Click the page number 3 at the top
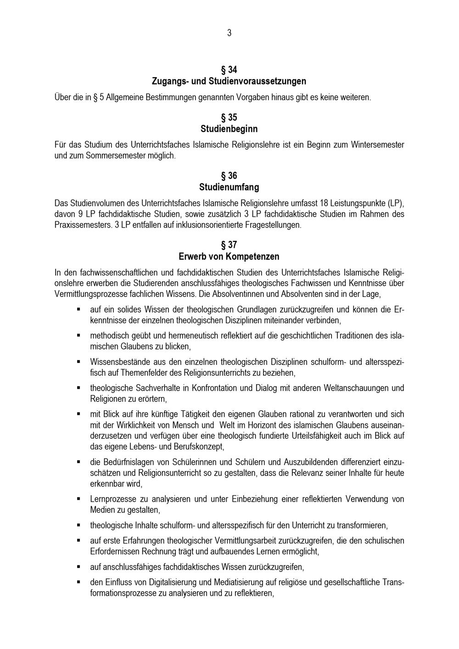coord(229,33)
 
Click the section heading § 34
coord(229,70)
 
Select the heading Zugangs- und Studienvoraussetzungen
coord(229,81)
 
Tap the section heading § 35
coord(229,117)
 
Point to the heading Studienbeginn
coord(229,129)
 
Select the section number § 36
coord(229,176)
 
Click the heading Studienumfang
coord(229,187)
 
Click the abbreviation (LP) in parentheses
coord(395,203)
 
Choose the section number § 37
coord(229,245)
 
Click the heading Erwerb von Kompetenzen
coord(229,257)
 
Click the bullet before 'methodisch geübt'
coord(79,336)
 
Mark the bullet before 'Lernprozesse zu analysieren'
coord(79,498)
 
